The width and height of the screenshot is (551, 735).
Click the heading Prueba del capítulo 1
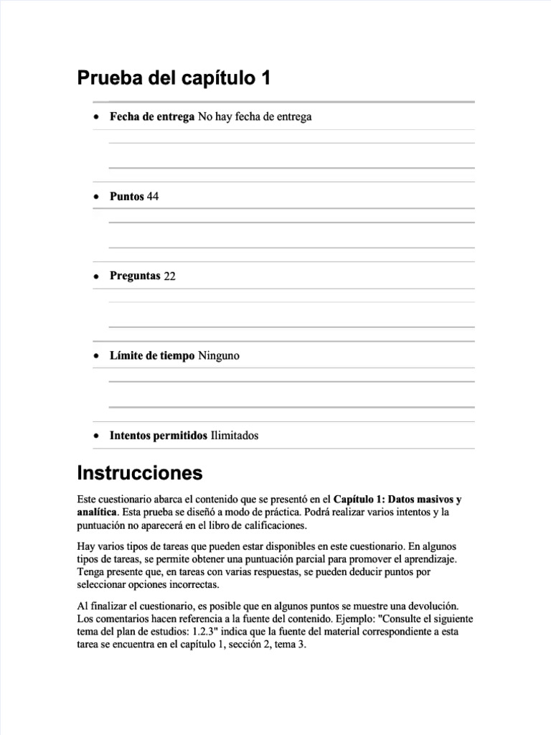click(174, 78)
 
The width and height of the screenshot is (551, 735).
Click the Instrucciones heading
click(139, 474)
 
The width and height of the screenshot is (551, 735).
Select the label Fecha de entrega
click(152, 116)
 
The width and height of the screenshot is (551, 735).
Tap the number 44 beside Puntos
click(153, 197)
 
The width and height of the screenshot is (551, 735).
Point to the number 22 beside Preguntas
click(169, 276)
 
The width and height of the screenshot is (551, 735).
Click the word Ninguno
click(219, 356)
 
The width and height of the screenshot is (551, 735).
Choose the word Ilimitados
click(235, 436)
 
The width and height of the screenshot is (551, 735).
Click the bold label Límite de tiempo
click(152, 356)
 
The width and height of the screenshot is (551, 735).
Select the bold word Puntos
click(127, 197)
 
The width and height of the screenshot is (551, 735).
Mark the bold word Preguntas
click(135, 276)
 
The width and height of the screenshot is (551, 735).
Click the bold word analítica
click(97, 512)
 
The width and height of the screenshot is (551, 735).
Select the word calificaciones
click(271, 525)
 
